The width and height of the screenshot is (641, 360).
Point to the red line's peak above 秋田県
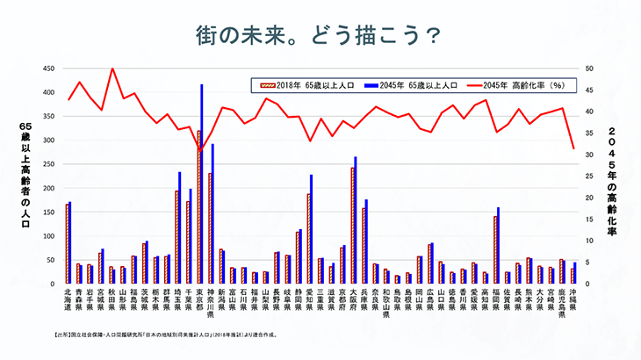[112, 68]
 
